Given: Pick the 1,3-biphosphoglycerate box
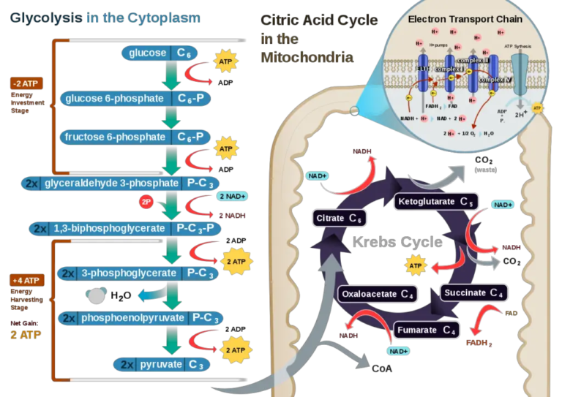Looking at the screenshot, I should click(x=125, y=228).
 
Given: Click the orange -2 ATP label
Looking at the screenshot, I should click(x=28, y=83).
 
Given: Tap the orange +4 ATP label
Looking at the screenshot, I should click(x=28, y=281).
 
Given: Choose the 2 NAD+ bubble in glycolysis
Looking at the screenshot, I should click(x=232, y=196).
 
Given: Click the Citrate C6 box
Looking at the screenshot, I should click(x=340, y=218).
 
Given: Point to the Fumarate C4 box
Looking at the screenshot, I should click(x=426, y=330).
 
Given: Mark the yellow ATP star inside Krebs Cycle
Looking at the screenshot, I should click(x=416, y=265).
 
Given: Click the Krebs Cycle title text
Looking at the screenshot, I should click(x=397, y=242).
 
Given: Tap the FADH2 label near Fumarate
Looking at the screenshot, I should click(x=479, y=342).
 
